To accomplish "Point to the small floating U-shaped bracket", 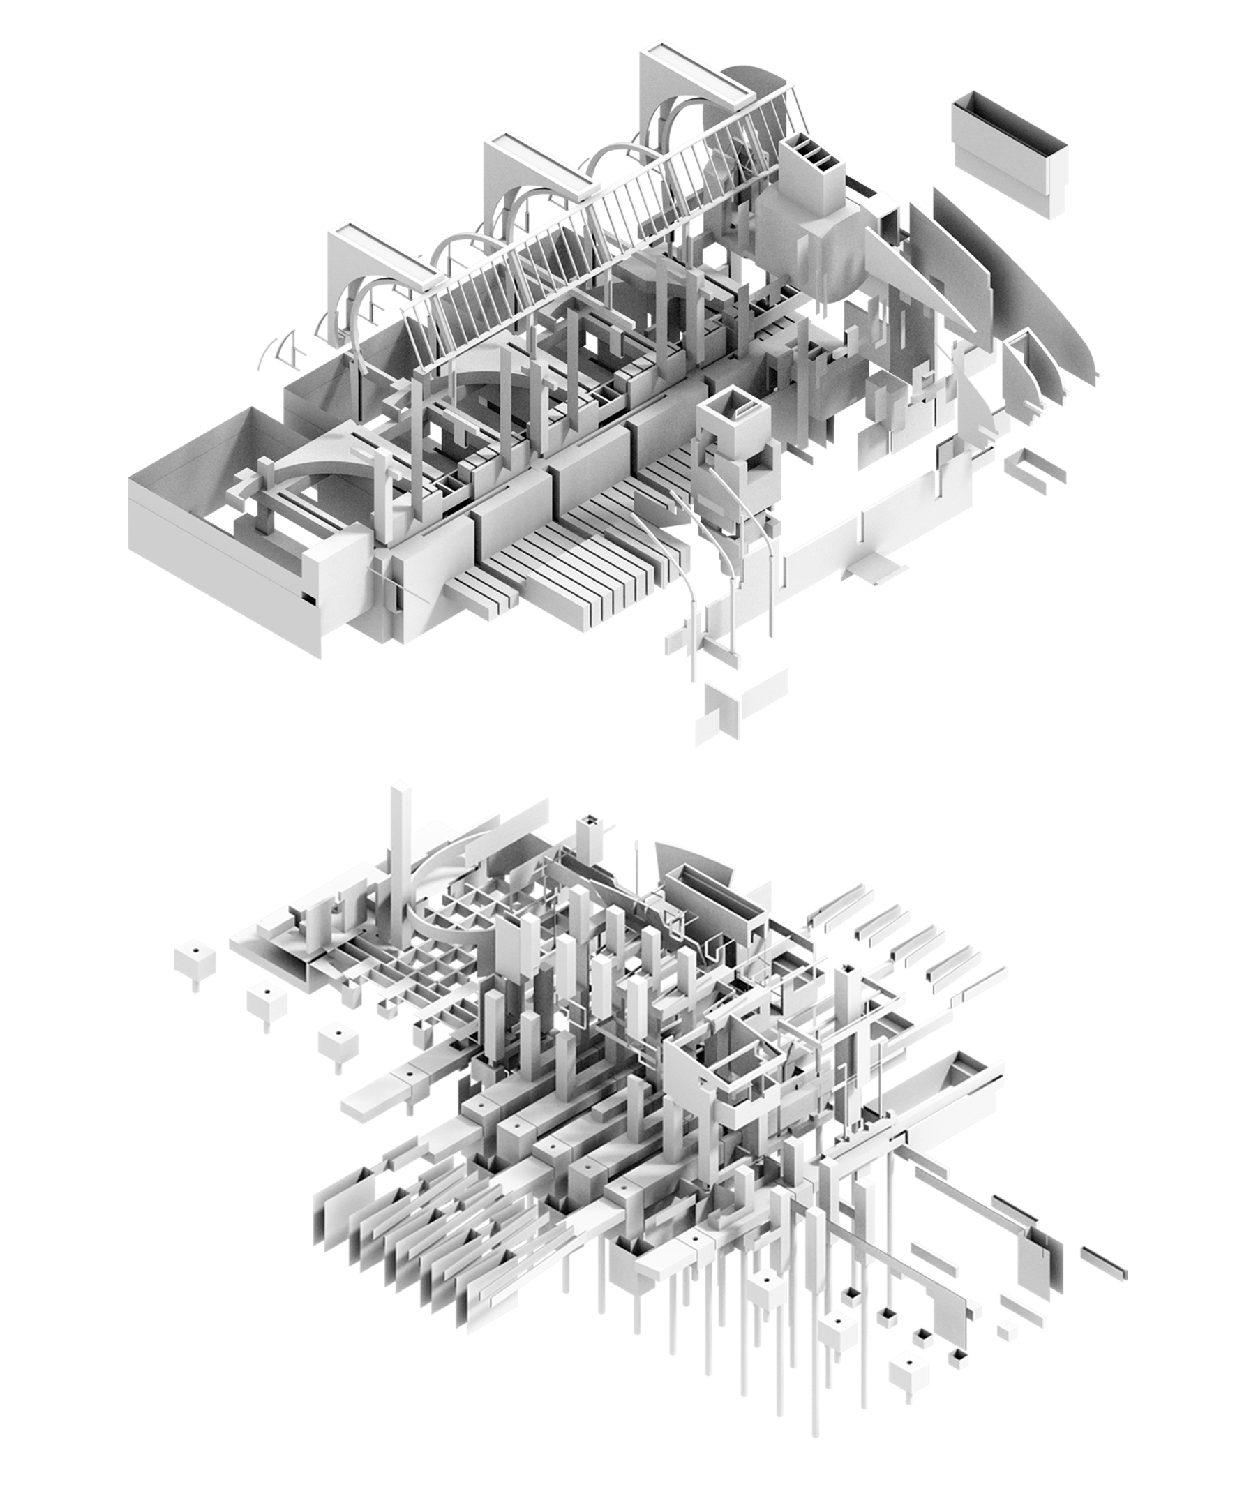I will coord(1035,466).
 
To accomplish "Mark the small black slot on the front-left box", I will coord(307,599).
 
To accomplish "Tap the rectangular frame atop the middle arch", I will coord(537,162).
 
